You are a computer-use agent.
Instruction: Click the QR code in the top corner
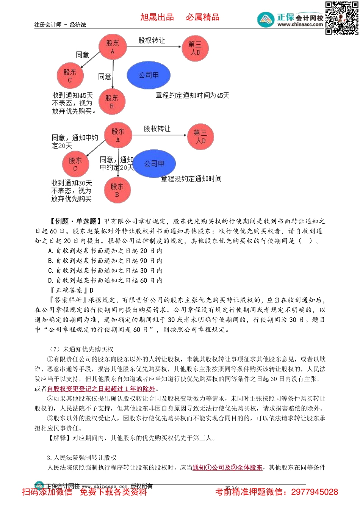point(341,18)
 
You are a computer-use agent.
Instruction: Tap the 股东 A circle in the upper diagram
point(112,47)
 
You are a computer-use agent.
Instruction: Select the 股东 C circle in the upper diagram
point(70,76)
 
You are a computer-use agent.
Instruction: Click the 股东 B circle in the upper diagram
point(112,102)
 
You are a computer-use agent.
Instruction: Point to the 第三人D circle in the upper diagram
point(195,48)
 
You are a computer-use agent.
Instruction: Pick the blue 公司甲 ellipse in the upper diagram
point(149,75)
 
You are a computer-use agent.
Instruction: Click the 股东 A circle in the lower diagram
point(117,135)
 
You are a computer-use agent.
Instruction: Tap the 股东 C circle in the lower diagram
point(75,164)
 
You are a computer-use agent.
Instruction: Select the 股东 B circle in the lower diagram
point(117,190)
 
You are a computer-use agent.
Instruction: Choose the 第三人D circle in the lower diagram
point(200,137)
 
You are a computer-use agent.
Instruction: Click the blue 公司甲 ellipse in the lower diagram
point(154,164)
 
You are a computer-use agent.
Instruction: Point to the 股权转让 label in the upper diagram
point(152,40)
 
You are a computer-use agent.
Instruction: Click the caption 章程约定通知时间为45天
point(193,96)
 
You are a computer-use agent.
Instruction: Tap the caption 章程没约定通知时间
point(191,179)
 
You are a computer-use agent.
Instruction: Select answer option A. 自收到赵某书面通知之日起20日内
point(105,251)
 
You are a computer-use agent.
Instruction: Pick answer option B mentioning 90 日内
point(105,261)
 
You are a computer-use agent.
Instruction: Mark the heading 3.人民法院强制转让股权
point(82,458)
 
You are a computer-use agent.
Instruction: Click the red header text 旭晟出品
point(157,17)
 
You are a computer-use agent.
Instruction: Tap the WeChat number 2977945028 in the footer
point(314,492)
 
